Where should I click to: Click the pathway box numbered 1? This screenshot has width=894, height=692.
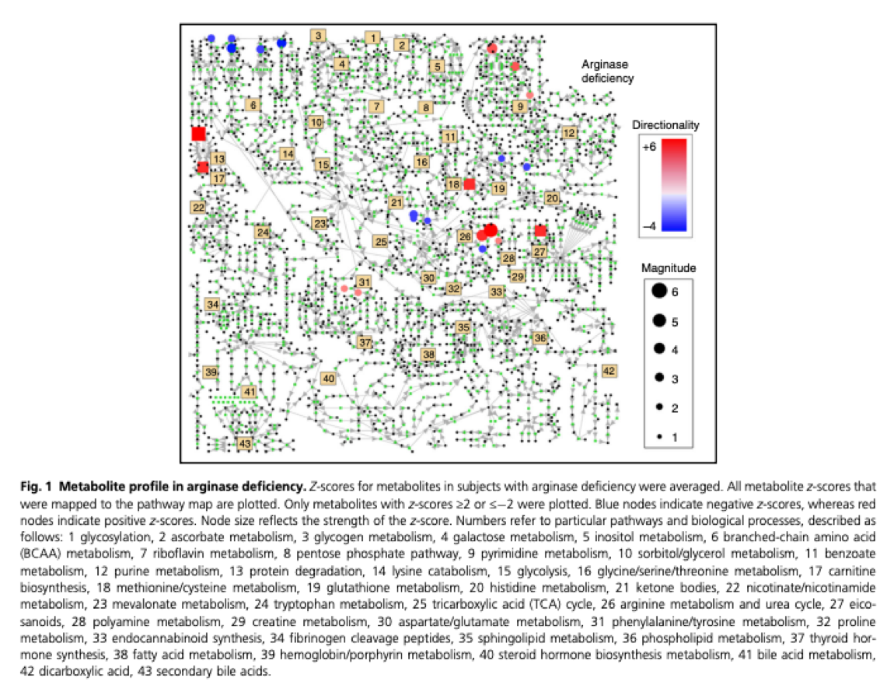(373, 37)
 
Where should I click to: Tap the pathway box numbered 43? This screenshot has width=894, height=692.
(245, 443)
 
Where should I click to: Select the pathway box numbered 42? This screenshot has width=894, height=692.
(609, 371)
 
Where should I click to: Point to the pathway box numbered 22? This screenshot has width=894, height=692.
(199, 208)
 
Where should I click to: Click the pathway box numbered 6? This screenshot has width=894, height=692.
(253, 105)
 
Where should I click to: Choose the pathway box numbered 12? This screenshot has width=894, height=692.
(570, 133)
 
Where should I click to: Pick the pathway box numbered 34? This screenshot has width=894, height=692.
(213, 304)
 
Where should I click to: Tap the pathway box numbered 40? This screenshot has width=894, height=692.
(329, 379)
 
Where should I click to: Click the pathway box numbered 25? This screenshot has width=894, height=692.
(381, 242)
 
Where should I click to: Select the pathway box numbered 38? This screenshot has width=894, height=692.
(428, 355)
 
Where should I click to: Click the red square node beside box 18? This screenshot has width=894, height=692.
(469, 184)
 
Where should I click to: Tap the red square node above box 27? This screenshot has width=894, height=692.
(540, 231)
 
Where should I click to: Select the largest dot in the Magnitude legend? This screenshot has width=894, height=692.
(658, 291)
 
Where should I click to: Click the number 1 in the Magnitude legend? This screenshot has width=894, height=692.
(675, 438)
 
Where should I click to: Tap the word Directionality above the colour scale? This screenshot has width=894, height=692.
(665, 124)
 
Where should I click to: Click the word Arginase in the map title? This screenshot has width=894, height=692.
(603, 65)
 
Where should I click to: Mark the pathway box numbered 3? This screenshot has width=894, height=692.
(319, 35)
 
